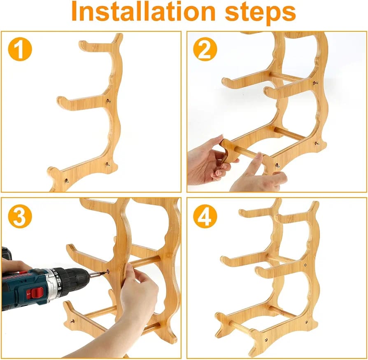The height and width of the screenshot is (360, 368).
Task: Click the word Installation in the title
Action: pos(143,11)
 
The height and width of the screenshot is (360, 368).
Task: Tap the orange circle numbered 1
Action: pos(20,49)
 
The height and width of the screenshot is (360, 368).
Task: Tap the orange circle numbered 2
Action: pos(205,49)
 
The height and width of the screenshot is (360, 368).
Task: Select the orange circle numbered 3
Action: pos(20,216)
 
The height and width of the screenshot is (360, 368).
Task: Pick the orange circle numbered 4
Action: pos(205,216)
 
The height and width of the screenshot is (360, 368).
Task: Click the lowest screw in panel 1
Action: pos(66,180)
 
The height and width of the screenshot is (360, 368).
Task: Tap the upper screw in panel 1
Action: pos(108,101)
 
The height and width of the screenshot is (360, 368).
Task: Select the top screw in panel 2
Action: pos(315,83)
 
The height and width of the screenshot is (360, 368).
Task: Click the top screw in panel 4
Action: pos(305,265)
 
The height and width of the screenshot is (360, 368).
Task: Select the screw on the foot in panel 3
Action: pos(72,321)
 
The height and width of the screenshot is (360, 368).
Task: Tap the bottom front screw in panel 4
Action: pos(266,339)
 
